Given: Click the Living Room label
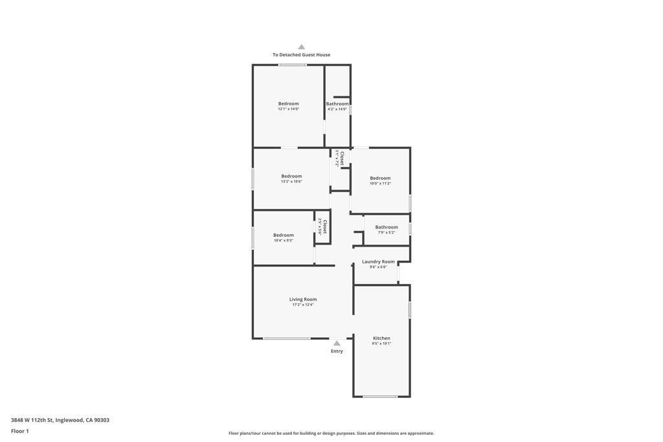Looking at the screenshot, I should tap(302, 299).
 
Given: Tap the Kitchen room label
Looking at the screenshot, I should tap(381, 338).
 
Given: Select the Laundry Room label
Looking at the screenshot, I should tap(378, 261).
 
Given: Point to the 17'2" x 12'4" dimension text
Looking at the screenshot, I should tap(302, 305).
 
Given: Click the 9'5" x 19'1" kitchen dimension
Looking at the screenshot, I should tap(381, 344).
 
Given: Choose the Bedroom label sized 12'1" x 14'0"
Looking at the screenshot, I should tap(289, 104).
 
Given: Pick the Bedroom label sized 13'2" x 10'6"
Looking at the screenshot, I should tap(291, 176).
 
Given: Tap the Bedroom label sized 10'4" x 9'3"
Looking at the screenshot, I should tap(283, 235).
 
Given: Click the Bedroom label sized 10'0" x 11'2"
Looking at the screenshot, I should tap(380, 178).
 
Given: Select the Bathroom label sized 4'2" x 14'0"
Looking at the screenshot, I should tap(337, 104).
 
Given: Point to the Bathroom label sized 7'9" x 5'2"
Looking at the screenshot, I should tap(387, 227).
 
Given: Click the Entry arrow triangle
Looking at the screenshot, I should tap(337, 344).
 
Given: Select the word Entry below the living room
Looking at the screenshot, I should tap(337, 351).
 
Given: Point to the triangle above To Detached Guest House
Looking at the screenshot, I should tap(301, 47).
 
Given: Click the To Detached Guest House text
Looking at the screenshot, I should tap(301, 55).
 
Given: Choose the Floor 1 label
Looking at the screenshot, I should tap(20, 431).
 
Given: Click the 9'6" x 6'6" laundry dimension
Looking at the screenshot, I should tap(378, 267).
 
